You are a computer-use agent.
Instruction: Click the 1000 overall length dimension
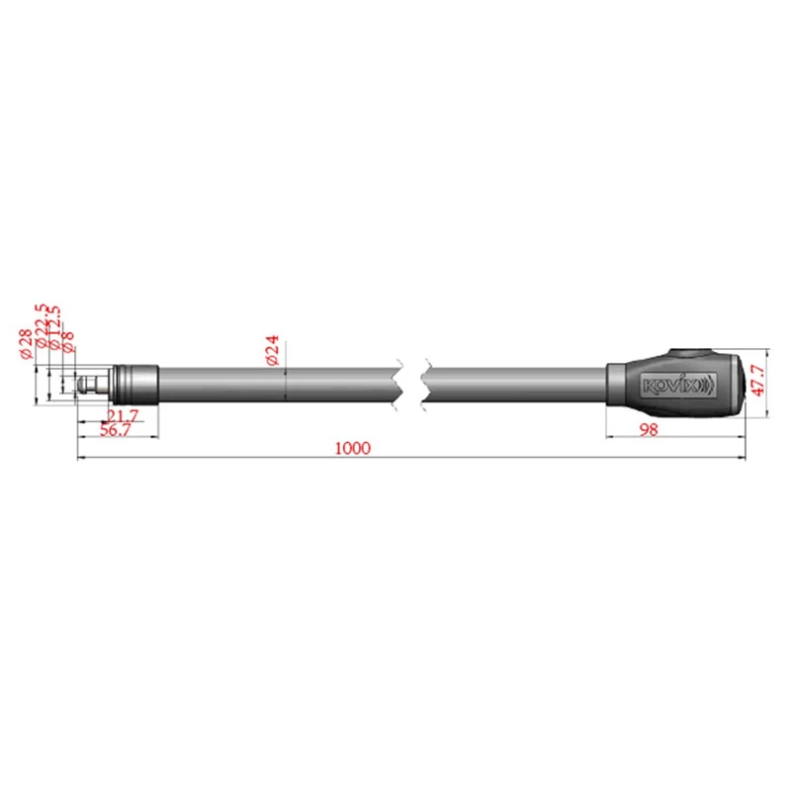[352, 448]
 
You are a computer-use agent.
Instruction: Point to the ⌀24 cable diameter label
[273, 350]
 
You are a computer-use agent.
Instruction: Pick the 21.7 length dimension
[123, 416]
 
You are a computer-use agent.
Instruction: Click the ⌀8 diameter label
[68, 342]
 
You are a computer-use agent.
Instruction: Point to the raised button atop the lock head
[689, 353]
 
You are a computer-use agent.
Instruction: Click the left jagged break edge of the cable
[397, 383]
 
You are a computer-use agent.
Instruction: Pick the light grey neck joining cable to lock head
[616, 384]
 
